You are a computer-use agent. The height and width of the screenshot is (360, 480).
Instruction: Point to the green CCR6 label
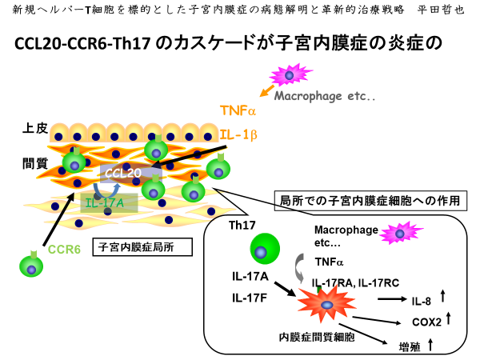pyautogui.click(x=65, y=249)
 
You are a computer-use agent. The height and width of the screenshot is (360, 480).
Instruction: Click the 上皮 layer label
pyautogui.click(x=35, y=128)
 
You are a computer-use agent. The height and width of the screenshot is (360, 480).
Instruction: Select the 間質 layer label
pyautogui.click(x=35, y=164)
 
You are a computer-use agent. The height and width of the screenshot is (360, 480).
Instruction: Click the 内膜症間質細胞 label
pyautogui.click(x=307, y=338)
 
